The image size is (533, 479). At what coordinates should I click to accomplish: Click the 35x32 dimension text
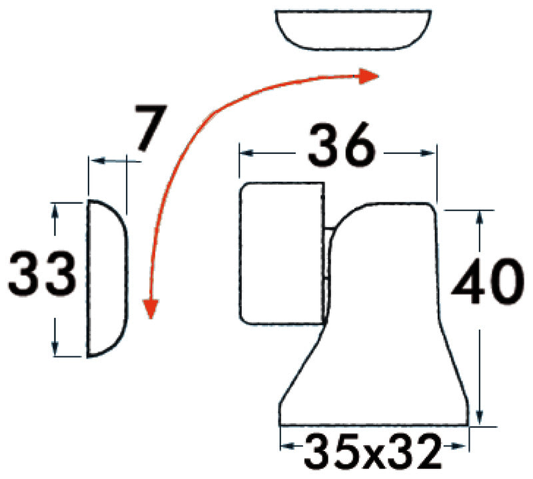[x=373, y=452]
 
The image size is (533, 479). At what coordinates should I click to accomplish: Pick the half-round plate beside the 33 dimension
[x=106, y=278]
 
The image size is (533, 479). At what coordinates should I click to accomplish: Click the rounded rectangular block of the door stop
[x=281, y=253]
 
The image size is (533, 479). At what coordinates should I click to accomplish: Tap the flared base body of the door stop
[x=380, y=333]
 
